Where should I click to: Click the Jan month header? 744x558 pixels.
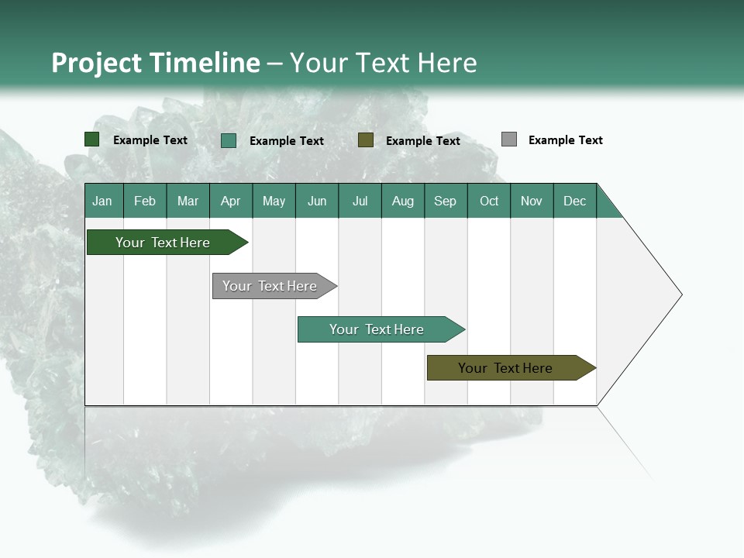(x=102, y=201)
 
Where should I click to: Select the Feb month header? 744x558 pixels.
(x=145, y=201)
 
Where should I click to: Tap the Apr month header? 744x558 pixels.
(x=230, y=201)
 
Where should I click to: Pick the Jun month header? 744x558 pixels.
(x=317, y=201)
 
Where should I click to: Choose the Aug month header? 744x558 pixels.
(x=402, y=201)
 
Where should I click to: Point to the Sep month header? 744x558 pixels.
(x=445, y=201)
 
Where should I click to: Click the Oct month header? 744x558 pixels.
(x=489, y=201)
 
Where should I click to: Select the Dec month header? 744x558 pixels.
(x=574, y=201)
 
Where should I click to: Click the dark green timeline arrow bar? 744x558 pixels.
(x=163, y=243)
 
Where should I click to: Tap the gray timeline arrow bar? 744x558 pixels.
(x=270, y=286)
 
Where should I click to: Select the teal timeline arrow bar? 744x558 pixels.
(x=377, y=329)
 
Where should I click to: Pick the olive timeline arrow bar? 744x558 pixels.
(x=505, y=368)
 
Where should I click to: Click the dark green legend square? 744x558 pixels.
(x=92, y=139)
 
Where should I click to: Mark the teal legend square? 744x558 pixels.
(x=229, y=140)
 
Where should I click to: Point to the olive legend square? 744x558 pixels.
(x=366, y=140)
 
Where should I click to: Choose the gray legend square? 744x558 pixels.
(x=509, y=139)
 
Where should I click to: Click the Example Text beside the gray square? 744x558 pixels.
(x=565, y=140)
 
